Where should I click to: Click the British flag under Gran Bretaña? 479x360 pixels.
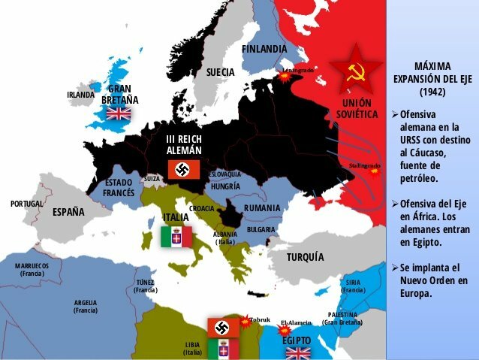pyautogui.click(x=119, y=113)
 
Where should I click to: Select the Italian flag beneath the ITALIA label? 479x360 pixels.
pyautogui.click(x=176, y=236)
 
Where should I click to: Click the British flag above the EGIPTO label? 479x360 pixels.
pyautogui.click(x=298, y=352)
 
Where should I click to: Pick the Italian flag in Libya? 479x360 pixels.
pyautogui.click(x=223, y=348)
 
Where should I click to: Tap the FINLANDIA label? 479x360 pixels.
pyautogui.click(x=264, y=49)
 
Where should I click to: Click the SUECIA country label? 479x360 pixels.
pyautogui.click(x=221, y=72)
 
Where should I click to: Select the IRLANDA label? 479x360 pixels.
pyautogui.click(x=80, y=95)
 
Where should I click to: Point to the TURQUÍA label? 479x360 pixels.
pyautogui.click(x=306, y=257)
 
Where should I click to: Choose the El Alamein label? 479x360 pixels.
pyautogui.click(x=295, y=322)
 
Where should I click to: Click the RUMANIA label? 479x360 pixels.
pyautogui.click(x=262, y=207)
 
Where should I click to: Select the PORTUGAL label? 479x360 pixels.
pyautogui.click(x=26, y=204)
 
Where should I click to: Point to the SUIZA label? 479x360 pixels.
pyautogui.click(x=152, y=179)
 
